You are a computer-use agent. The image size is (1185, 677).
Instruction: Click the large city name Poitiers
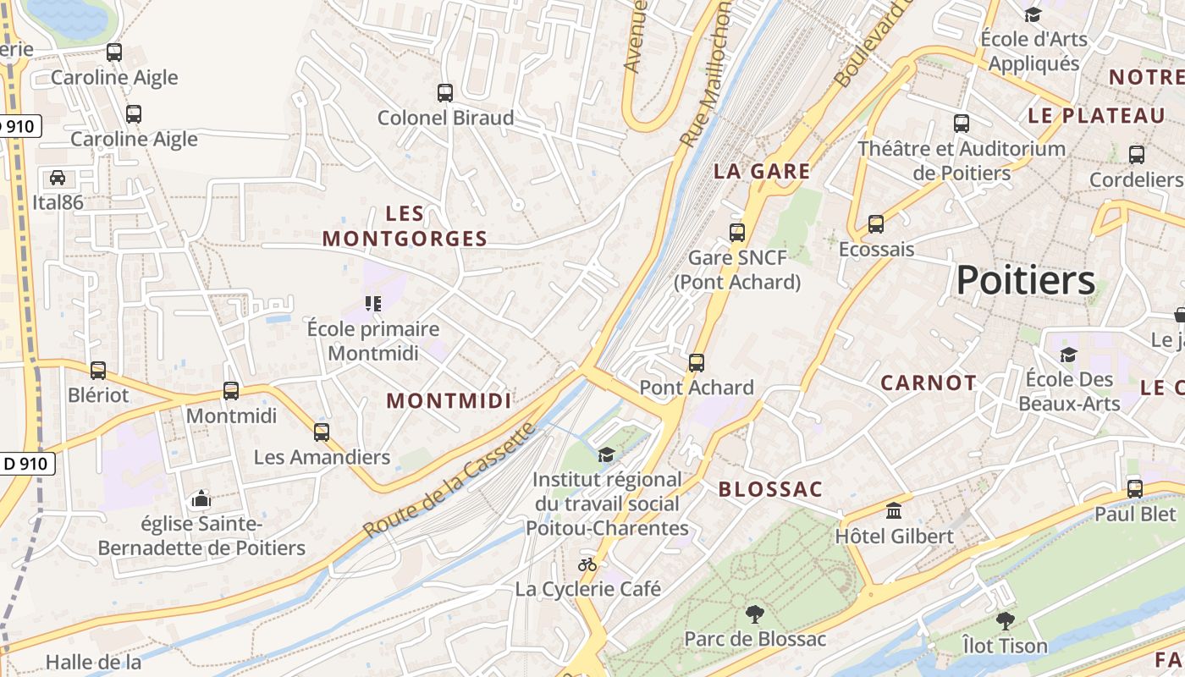1025,280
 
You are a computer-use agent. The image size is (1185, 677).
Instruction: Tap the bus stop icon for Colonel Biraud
445,92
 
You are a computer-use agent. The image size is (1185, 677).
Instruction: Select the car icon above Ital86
58,178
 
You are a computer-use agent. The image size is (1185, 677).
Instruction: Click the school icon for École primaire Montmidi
372,303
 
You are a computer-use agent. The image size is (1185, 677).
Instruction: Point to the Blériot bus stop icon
98,370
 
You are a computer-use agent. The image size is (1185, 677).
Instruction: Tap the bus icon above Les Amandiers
322,432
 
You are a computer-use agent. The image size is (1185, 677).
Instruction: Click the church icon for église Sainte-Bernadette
201,498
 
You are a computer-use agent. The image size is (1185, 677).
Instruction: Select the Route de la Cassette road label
449,479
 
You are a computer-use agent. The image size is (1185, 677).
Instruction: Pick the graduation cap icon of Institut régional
606,454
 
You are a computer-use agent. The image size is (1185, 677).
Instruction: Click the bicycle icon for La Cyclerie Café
587,564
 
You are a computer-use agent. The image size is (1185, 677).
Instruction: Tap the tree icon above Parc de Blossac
754,614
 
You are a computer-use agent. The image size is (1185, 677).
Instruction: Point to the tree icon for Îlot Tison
1005,621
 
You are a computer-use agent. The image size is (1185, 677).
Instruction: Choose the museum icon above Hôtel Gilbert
894,510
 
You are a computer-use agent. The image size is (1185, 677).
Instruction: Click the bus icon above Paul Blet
1135,488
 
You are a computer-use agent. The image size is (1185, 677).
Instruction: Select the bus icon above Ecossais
876,224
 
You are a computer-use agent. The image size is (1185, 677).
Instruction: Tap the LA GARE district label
762,171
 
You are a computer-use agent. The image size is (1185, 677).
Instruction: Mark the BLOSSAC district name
770,489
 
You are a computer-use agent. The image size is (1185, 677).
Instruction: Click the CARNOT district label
929,383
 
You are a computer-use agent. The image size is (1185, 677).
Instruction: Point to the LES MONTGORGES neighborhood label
405,226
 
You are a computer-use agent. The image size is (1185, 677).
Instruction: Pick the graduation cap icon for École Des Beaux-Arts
1069,354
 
